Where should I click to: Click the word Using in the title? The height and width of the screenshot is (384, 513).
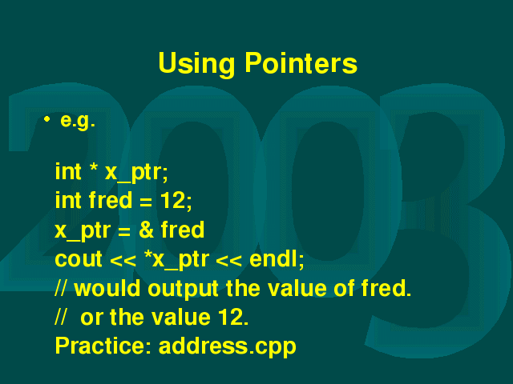196,64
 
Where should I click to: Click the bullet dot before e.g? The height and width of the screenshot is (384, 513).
46,119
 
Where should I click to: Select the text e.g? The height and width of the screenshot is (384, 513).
78,122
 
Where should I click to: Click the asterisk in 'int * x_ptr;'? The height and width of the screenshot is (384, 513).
94,166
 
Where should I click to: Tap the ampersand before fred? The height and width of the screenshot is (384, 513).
146,230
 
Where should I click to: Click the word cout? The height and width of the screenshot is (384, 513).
79,259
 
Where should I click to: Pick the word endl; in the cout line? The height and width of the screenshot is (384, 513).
277,259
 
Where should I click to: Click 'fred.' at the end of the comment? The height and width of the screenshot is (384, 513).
386,288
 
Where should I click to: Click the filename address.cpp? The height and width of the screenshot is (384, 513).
228,346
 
